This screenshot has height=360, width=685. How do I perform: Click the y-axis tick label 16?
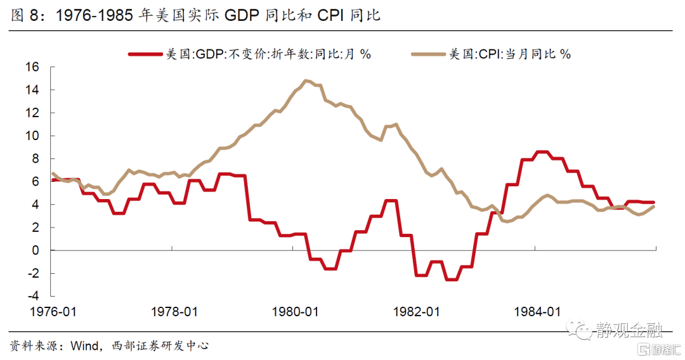pyautogui.click(x=32, y=67)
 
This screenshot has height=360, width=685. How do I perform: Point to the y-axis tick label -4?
pyautogui.click(x=33, y=296)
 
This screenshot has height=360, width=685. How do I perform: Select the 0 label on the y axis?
pyautogui.click(x=36, y=250)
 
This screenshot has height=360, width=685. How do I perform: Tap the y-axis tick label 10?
pyautogui.click(x=32, y=136)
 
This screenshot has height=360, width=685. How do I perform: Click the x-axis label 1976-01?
pyautogui.click(x=53, y=312)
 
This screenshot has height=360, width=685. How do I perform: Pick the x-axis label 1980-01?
pyautogui.click(x=296, y=312)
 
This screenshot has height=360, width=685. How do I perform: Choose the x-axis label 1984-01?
pyautogui.click(x=537, y=312)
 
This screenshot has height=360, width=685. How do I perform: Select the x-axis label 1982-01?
pyautogui.click(x=416, y=312)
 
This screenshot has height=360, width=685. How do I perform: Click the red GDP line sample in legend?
pyautogui.click(x=145, y=54)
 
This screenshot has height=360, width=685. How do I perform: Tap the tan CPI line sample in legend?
pyautogui.click(x=429, y=54)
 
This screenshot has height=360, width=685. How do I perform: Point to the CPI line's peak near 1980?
pyautogui.click(x=306, y=80)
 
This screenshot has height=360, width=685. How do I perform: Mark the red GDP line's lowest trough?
pyautogui.click(x=452, y=280)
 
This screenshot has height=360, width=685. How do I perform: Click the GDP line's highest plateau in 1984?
pyautogui.click(x=542, y=152)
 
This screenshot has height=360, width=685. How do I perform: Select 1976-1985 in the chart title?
pyautogui.click(x=95, y=15)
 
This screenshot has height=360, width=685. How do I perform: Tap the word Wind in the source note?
pyautogui.click(x=85, y=346)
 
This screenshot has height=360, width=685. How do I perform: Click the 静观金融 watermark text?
pyautogui.click(x=629, y=330)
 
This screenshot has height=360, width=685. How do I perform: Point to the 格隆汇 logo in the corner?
pyautogui.click(x=660, y=349)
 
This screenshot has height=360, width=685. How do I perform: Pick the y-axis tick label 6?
pyautogui.click(x=36, y=181)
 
